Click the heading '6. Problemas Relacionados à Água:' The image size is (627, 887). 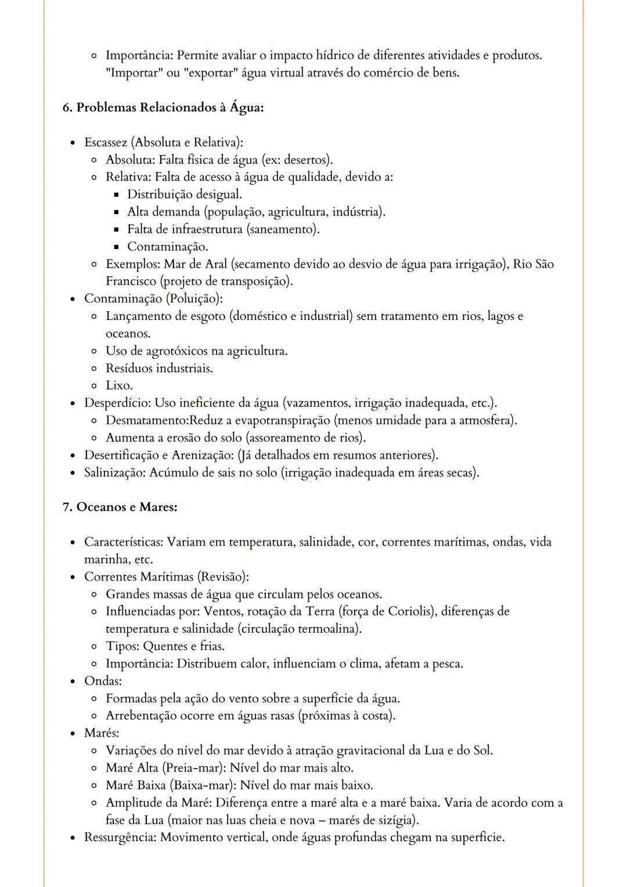[163, 107]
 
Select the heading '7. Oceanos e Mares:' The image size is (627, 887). [120, 507]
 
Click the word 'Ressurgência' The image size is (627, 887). [120, 837]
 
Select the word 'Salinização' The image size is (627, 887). [114, 473]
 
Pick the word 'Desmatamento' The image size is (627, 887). [143, 420]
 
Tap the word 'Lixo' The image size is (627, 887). [118, 385]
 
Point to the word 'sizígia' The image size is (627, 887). [397, 820]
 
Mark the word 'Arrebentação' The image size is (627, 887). [141, 716]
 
